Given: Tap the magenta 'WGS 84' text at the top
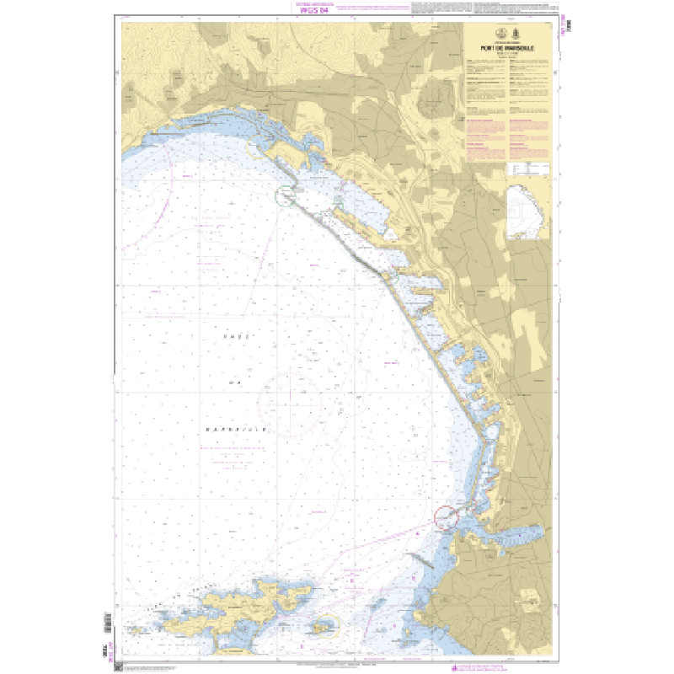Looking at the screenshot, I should [x=314, y=11].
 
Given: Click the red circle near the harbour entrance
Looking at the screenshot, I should [x=447, y=516].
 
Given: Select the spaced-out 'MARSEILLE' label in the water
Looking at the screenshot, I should [x=237, y=429].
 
